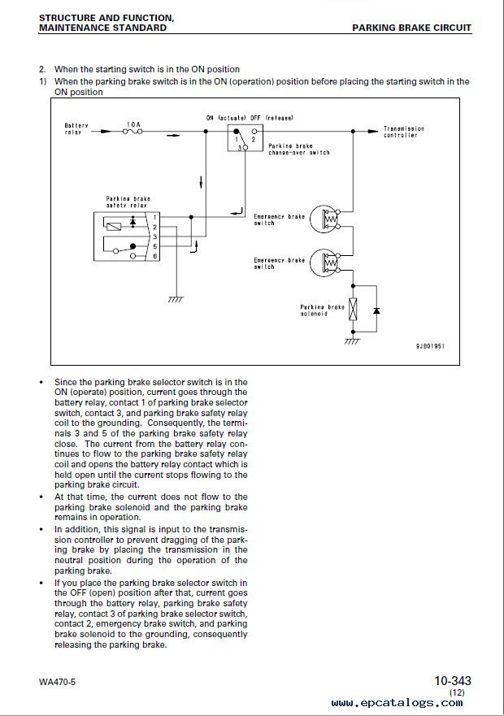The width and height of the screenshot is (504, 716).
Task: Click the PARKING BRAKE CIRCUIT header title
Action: (411, 28)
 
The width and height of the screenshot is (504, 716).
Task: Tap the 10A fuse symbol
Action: (133, 132)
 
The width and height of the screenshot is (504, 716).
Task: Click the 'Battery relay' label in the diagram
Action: (76, 128)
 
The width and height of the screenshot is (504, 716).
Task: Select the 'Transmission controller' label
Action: (403, 132)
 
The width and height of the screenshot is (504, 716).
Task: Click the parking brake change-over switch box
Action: (245, 137)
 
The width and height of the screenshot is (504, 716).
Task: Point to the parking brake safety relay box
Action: (127, 236)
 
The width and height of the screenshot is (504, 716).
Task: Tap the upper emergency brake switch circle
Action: (324, 219)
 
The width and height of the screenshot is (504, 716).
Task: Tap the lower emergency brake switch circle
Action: (324, 263)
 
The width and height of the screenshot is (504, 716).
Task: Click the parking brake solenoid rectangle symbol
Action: (354, 309)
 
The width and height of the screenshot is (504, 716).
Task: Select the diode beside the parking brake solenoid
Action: (376, 310)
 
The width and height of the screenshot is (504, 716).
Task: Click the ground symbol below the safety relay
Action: (176, 298)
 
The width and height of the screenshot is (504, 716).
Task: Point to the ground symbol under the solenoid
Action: (353, 341)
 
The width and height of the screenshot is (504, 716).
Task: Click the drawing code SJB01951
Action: (430, 346)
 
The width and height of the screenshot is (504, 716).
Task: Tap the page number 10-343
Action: (452, 681)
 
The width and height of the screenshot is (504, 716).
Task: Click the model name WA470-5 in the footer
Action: (57, 682)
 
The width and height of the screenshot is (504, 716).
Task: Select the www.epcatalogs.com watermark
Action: (397, 703)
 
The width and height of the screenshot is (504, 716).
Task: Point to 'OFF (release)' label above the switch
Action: (272, 118)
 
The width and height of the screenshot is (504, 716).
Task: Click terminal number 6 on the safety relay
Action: (155, 256)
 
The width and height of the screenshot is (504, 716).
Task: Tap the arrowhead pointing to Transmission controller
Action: (373, 132)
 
